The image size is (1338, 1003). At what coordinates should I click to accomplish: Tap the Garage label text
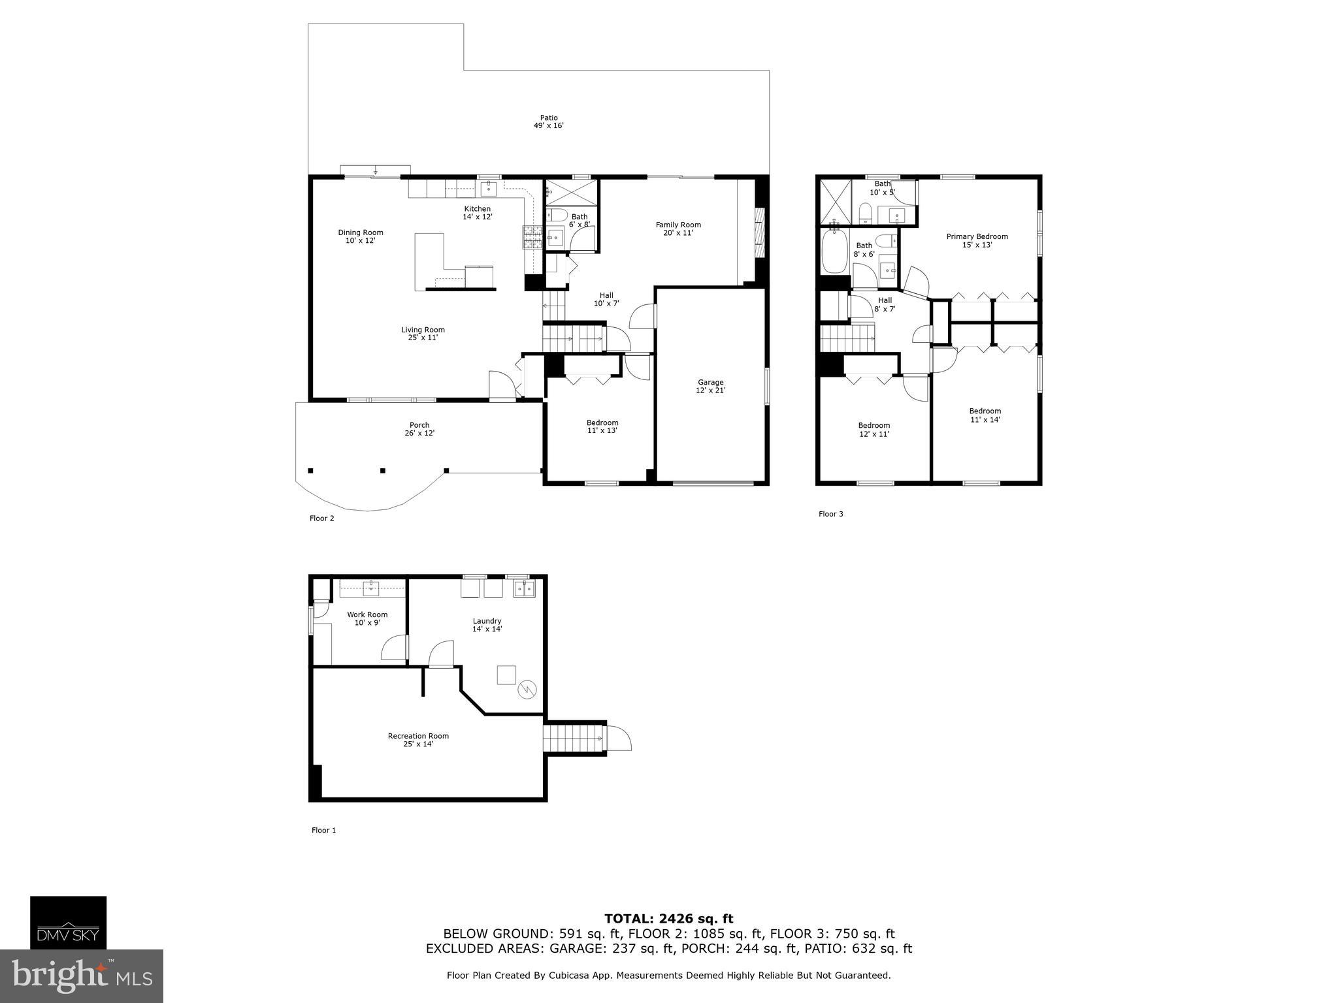click(x=710, y=383)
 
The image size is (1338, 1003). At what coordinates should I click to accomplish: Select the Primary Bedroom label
click(x=977, y=237)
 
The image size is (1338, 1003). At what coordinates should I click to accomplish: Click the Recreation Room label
click(x=418, y=736)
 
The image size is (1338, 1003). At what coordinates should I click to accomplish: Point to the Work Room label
click(x=367, y=614)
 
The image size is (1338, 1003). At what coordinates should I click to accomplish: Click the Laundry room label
click(x=487, y=621)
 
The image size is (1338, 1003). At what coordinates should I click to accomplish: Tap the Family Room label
click(x=678, y=225)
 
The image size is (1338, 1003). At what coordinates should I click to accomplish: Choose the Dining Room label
click(x=360, y=232)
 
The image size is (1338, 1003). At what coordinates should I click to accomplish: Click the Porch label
click(x=419, y=425)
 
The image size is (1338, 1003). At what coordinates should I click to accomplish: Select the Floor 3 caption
click(x=830, y=514)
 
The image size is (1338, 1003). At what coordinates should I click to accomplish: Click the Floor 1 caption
click(x=323, y=830)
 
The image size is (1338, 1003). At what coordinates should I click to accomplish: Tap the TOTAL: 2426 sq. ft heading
click(x=668, y=919)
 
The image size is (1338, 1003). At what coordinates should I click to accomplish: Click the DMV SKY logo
click(x=68, y=922)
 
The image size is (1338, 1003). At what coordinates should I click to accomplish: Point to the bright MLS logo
click(x=81, y=976)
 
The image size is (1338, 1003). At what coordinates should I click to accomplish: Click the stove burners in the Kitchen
click(x=532, y=237)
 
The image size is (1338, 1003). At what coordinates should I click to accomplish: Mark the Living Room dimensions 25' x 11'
click(x=423, y=338)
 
